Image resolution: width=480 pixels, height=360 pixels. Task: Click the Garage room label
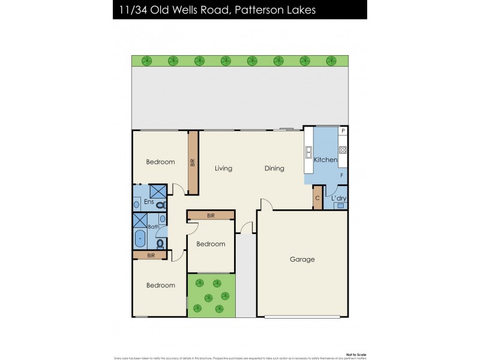tap(302, 260)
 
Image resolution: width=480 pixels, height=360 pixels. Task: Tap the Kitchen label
tap(326, 160)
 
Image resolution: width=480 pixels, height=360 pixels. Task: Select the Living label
tap(223, 169)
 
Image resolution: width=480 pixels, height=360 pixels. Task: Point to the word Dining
tap(274, 169)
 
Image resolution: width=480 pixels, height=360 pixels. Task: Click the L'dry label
tap(339, 199)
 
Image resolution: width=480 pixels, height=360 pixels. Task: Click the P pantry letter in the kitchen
tap(343, 131)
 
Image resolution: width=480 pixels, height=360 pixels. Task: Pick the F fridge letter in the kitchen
tap(342, 175)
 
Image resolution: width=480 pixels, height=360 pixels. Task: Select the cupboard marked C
tap(317, 199)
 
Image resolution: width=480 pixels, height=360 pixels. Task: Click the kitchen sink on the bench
tap(309, 150)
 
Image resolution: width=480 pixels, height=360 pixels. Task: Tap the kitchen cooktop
tap(343, 150)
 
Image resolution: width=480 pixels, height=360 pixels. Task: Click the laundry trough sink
tap(340, 206)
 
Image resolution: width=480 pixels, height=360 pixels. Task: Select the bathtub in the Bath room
tap(140, 239)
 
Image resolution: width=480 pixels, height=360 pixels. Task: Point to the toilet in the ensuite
tap(160, 205)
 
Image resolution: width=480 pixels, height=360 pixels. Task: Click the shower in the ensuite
tap(158, 191)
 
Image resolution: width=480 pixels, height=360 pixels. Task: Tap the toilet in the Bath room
tap(160, 244)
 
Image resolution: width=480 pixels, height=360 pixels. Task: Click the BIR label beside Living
tap(193, 163)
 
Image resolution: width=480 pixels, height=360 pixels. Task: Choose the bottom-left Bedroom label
tap(161, 286)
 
